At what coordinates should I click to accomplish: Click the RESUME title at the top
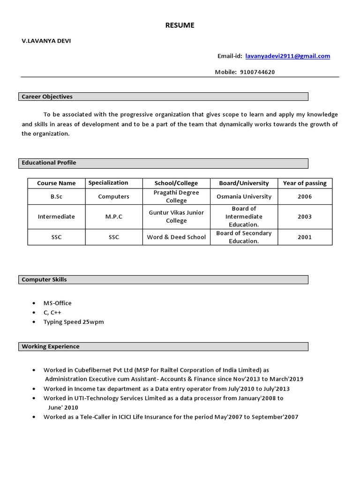pos(180,25)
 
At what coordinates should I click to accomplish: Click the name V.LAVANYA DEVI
pos(46,41)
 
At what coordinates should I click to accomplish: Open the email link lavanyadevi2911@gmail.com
pos(287,56)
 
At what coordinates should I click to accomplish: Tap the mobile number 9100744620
pos(257,72)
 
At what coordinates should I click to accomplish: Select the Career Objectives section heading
pos(47,97)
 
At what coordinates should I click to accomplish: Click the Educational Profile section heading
pos(49,163)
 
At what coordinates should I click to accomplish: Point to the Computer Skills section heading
pos(45,279)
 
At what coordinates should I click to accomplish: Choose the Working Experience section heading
pos(51,346)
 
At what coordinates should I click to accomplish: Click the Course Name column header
pos(56,183)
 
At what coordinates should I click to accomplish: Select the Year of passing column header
pos(304,183)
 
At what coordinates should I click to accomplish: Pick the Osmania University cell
pos(244,197)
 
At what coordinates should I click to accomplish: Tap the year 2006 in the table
pos(304,197)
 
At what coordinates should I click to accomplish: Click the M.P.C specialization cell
pos(113,217)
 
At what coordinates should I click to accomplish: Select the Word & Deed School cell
pos(176,237)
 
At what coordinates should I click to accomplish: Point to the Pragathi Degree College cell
pos(176,196)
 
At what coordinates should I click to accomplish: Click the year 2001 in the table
pos(304,237)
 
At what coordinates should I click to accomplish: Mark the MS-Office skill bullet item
pos(58,303)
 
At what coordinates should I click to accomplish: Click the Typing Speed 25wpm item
pos(74,322)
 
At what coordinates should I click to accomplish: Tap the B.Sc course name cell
pos(56,197)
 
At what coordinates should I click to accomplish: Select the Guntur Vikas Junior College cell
pos(176,217)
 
